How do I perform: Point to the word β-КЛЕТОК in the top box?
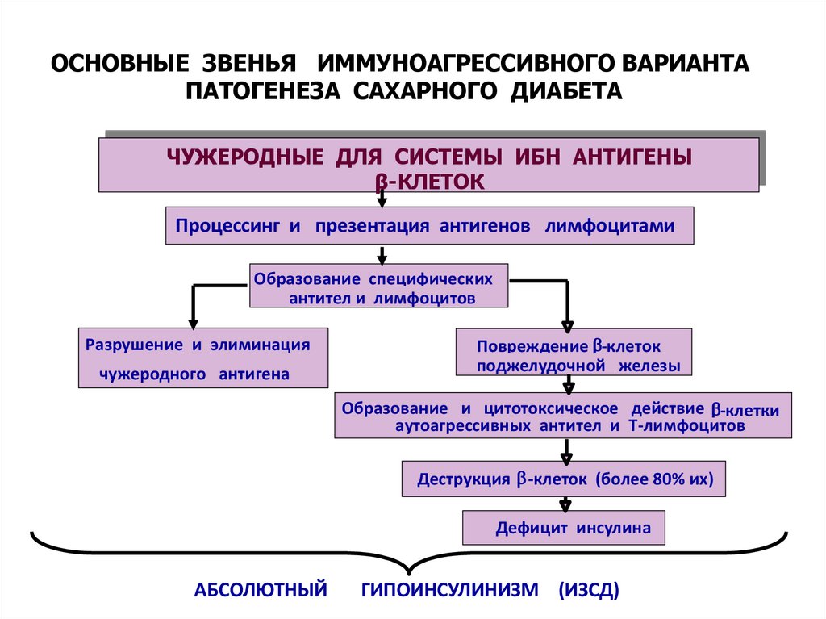click(x=430, y=182)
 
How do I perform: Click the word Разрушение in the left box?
click(x=133, y=345)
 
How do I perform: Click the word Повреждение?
click(x=532, y=347)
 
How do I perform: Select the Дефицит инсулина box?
click(x=564, y=529)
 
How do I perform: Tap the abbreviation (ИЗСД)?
click(x=588, y=590)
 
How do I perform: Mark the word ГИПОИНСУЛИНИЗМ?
click(x=450, y=590)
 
